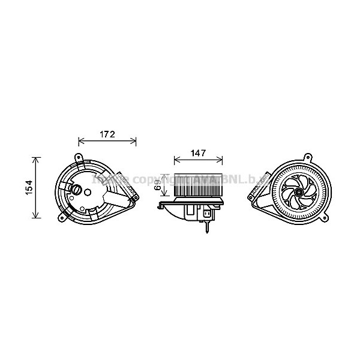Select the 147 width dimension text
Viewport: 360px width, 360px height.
click(x=198, y=153)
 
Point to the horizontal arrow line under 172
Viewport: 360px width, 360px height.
click(x=107, y=142)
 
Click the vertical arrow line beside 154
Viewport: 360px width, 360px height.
click(x=38, y=187)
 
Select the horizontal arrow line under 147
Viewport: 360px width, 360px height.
click(x=198, y=161)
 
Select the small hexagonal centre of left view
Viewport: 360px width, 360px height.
click(x=89, y=193)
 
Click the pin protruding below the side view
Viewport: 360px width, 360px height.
click(x=208, y=226)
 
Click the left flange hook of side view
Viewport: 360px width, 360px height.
click(x=160, y=207)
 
